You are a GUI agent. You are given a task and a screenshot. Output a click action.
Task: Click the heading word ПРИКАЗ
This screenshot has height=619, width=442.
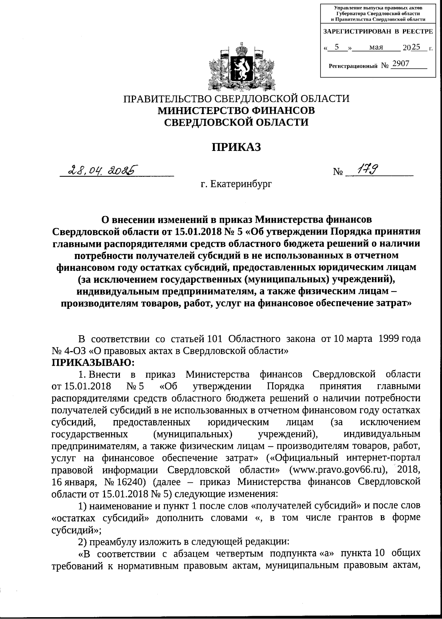tap(236, 147)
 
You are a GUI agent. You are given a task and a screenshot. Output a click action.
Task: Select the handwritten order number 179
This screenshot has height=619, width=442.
tap(364, 170)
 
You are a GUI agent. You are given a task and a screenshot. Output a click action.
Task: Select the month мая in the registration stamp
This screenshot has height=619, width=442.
tap(376, 47)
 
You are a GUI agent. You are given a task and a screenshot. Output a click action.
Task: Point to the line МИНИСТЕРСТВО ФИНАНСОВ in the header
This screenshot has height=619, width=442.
tap(236, 110)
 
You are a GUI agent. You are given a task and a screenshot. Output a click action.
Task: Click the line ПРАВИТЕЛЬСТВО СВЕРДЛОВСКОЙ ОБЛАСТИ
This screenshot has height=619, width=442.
tap(236, 99)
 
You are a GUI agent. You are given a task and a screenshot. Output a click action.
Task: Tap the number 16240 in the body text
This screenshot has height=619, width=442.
tap(133, 482)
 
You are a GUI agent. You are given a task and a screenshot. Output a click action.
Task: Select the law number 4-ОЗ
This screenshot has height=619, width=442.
tap(76, 351)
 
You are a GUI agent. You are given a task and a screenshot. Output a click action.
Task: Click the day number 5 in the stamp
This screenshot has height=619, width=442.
tap(336, 47)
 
